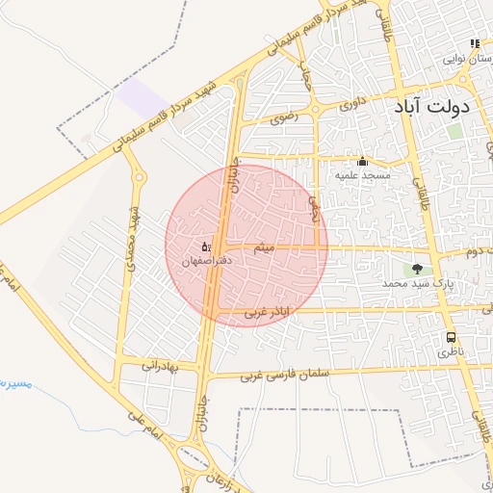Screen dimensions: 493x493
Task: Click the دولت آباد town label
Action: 430,106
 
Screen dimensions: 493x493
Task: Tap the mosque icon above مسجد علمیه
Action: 362,161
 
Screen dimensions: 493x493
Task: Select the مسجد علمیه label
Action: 362,176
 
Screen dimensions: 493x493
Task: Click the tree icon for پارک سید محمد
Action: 417,269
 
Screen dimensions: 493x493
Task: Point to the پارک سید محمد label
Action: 417,284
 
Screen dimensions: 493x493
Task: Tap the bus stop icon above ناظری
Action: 450,338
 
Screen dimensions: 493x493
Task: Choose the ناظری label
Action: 451,353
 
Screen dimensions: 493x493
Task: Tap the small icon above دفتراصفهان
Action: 205,247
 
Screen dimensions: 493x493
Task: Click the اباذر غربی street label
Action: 265,312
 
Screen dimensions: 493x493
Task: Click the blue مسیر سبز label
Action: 15,384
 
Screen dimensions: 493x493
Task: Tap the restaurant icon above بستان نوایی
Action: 474,43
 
